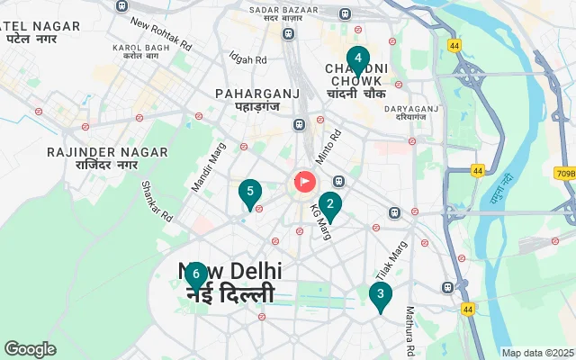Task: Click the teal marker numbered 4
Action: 358,60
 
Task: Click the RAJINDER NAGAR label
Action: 94,153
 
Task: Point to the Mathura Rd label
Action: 409,330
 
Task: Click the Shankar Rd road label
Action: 157,202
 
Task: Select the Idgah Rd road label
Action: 247,59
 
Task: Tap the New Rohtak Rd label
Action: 161,33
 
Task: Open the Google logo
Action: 30,349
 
